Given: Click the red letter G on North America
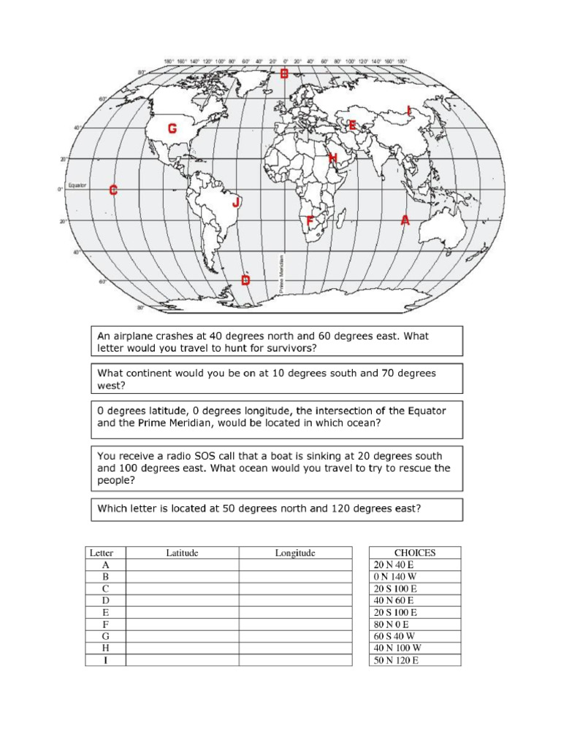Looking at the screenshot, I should pos(172,129).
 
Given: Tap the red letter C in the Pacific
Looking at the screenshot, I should pos(113,190).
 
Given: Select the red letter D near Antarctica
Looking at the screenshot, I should pos(245,280).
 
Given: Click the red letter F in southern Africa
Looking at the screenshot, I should pos(310,220).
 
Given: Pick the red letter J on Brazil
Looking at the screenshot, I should pos(235,203).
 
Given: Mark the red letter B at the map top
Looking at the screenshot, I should pos(284,73).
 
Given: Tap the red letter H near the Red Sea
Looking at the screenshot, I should pos(332,158).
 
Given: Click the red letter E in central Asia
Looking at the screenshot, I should pos(352,125).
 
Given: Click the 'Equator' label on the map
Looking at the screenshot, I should pos(77,185).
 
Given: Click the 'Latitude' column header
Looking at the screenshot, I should pos(182,553).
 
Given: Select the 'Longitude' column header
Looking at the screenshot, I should pos(295,553).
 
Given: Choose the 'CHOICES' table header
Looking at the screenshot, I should pos(415,553).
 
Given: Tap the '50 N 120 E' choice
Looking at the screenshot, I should pos(398,660).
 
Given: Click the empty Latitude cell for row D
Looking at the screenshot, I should pos(182,600).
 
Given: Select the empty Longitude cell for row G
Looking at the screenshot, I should pos(295,636).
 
